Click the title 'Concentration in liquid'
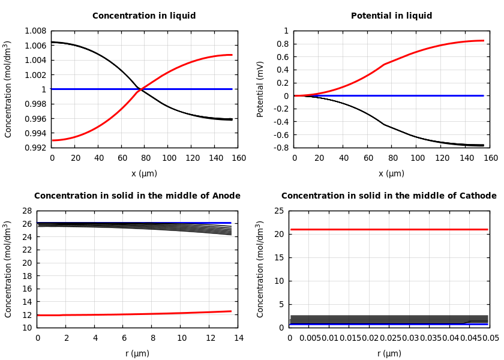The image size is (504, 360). coord(144,16)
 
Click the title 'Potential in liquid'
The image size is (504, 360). coord(391,16)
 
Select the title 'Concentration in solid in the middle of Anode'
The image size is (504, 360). coord(137,196)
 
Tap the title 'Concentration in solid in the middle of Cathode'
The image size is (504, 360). coord(389,196)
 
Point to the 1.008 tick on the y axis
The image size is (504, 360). coord(35,31)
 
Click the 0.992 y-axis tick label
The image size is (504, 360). coord(35,148)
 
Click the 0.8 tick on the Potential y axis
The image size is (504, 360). coord(282,44)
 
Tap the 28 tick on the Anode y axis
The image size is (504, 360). coord(26,211)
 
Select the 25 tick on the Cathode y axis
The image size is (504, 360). coord(278,211)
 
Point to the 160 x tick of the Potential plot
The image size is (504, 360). coord(491,158)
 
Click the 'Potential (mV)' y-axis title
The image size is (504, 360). coord(260,89)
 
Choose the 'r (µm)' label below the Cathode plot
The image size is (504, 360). coord(389,353)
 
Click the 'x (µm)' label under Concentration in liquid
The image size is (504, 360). coord(144,173)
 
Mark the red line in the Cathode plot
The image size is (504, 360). coord(389,229)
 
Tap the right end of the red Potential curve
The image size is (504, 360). coord(483,41)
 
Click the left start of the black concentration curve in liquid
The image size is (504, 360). coord(53,42)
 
